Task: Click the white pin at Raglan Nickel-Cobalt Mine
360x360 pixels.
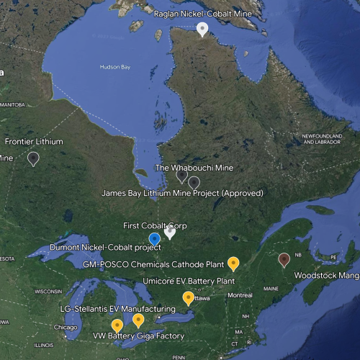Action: click(x=203, y=29)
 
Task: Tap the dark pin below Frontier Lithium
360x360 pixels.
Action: click(x=33, y=158)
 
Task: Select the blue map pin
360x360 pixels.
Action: click(x=154, y=238)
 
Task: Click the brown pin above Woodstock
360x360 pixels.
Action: click(x=284, y=259)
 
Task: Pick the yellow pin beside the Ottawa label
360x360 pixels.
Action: click(x=188, y=297)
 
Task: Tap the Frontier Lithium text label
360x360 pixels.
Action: click(x=34, y=142)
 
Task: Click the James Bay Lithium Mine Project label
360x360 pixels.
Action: click(x=181, y=193)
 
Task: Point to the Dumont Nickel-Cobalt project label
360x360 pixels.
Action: click(x=105, y=248)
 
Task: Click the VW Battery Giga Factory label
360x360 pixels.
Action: click(x=138, y=336)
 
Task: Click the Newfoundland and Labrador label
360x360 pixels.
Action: click(x=320, y=138)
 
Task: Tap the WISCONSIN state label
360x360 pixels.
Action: click(x=48, y=292)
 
